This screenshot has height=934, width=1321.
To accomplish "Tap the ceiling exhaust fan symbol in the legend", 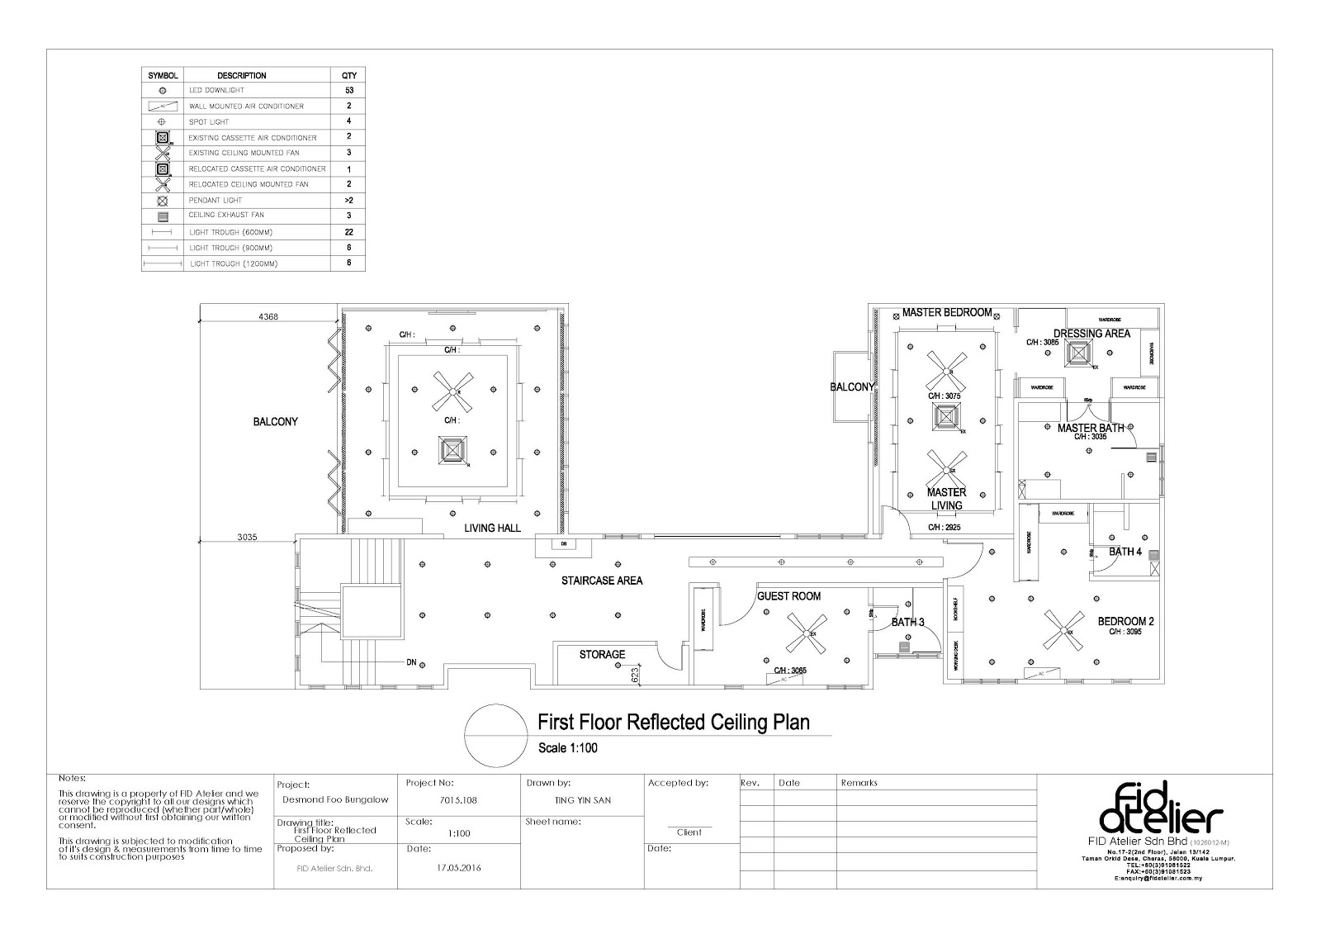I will click(x=163, y=216).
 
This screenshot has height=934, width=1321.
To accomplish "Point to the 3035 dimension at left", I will click(x=248, y=537).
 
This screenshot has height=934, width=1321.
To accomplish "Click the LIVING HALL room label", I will click(x=492, y=528).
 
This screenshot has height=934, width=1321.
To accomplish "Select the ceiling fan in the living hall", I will click(x=453, y=391).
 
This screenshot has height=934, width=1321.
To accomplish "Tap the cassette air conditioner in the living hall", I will click(x=452, y=451).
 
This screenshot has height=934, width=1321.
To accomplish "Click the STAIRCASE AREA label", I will click(x=601, y=581).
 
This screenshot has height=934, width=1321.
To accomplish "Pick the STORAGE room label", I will click(x=602, y=654).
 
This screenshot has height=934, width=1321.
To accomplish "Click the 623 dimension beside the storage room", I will click(x=636, y=674).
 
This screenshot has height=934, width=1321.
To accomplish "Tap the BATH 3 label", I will click(x=907, y=622).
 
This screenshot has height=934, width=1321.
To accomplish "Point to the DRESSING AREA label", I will click(x=1091, y=334).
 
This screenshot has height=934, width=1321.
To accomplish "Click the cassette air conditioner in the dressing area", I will click(x=1078, y=354).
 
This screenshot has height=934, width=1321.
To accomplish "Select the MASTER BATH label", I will click(x=1091, y=428).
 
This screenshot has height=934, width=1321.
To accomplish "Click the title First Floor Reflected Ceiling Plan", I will click(x=673, y=723).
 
